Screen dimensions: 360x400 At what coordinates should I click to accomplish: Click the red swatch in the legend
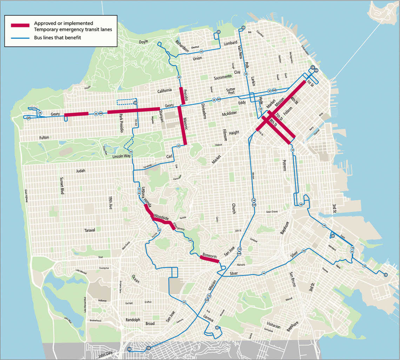20,25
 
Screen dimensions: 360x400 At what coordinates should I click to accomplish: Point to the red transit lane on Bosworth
209,259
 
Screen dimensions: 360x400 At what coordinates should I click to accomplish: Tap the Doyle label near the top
144,41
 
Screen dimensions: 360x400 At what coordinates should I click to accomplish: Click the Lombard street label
231,44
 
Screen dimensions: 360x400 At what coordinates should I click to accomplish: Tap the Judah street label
80,171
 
